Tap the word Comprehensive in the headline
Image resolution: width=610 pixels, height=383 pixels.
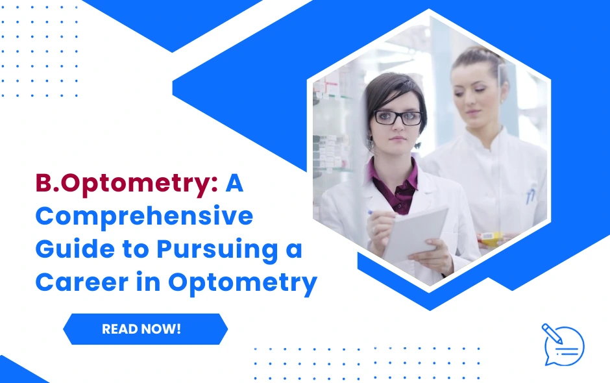pos(144,216)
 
